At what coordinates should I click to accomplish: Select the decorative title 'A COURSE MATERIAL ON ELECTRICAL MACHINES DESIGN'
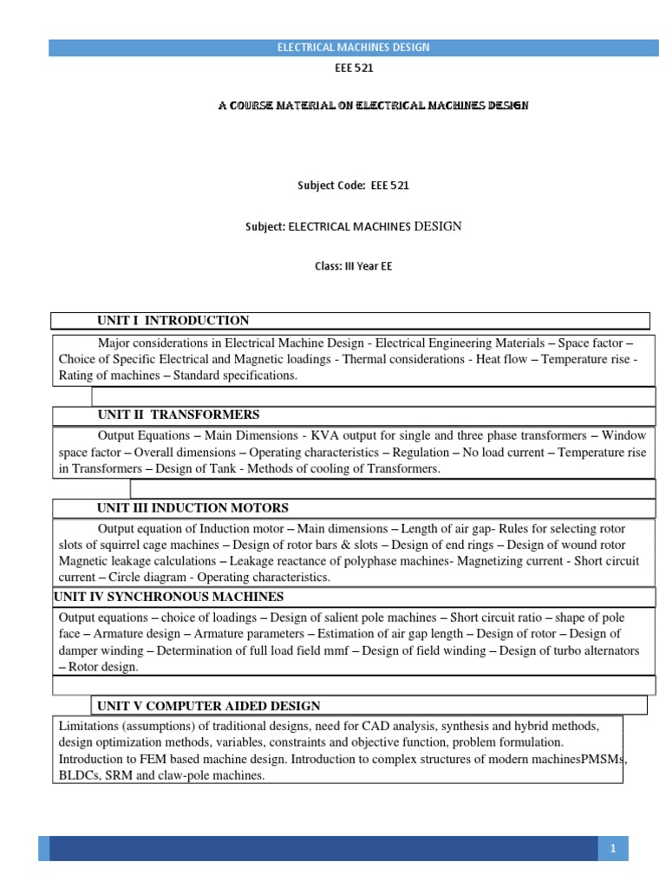371,105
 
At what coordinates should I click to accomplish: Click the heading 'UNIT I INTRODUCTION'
173,321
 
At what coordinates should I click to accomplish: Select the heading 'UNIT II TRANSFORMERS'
179,415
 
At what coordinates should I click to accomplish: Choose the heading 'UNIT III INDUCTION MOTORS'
193,508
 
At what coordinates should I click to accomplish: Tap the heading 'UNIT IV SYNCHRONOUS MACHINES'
169,597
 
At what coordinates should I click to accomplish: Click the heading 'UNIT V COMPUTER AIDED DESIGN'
209,706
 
